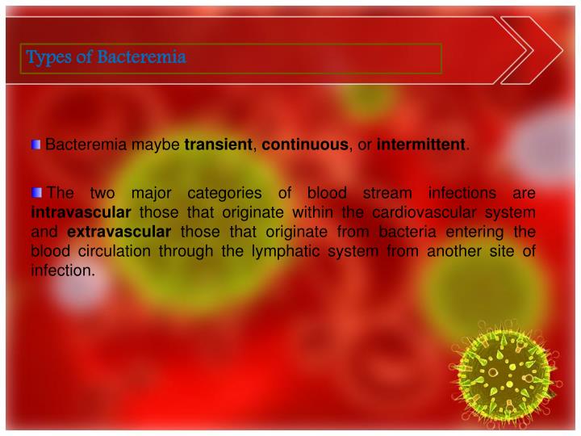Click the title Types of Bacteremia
[107, 57]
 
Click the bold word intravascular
[81, 213]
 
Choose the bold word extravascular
[119, 233]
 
